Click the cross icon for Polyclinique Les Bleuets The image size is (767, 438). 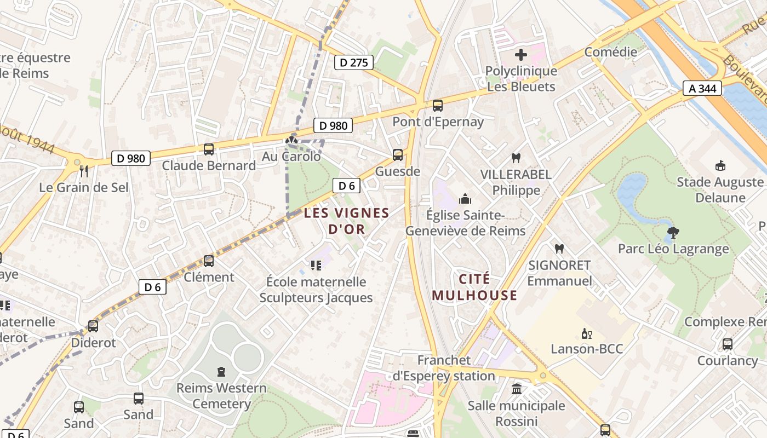[x=520, y=55]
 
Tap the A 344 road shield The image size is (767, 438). [x=702, y=88]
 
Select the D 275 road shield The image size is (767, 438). [x=353, y=62]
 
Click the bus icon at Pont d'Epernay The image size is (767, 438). [x=437, y=106]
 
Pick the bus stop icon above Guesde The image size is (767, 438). [x=398, y=155]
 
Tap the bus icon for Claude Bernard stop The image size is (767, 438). [x=209, y=149]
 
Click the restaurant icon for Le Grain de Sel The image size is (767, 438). [x=84, y=171]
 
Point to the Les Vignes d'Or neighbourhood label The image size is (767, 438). [x=346, y=221]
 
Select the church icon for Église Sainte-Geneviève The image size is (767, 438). [x=465, y=199]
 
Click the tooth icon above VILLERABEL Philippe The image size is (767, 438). [x=515, y=158]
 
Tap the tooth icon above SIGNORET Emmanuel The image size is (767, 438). [x=559, y=249]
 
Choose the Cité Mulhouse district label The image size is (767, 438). [x=474, y=287]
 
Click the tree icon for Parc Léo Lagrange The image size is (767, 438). [x=673, y=233]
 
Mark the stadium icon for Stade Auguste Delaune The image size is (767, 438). [x=720, y=166]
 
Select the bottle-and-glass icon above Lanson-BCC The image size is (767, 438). [x=587, y=333]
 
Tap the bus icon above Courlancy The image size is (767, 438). [x=727, y=344]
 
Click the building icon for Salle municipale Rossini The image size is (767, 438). [x=516, y=389]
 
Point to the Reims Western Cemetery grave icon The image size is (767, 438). [x=221, y=372]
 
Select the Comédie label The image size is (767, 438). [x=610, y=52]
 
